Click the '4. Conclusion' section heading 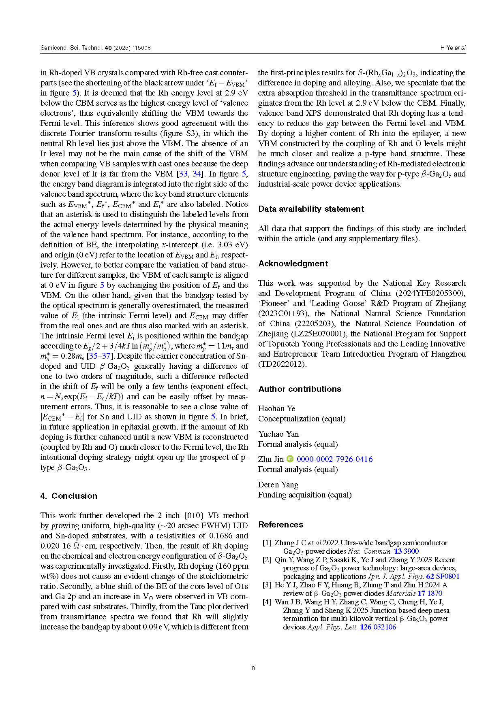[68, 496]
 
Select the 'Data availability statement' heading [311, 209]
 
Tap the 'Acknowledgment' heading [293, 264]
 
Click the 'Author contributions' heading [300, 389]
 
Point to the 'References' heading [280, 525]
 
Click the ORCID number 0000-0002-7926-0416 [334, 459]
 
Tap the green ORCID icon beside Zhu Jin [290, 459]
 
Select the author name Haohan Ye [277, 408]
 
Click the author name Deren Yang [278, 485]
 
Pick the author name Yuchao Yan [278, 434]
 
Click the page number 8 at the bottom [253, 668]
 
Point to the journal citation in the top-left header [96, 48]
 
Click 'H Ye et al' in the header [453, 48]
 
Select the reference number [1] [267, 543]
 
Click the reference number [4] [267, 602]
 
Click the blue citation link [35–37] [98, 356]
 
